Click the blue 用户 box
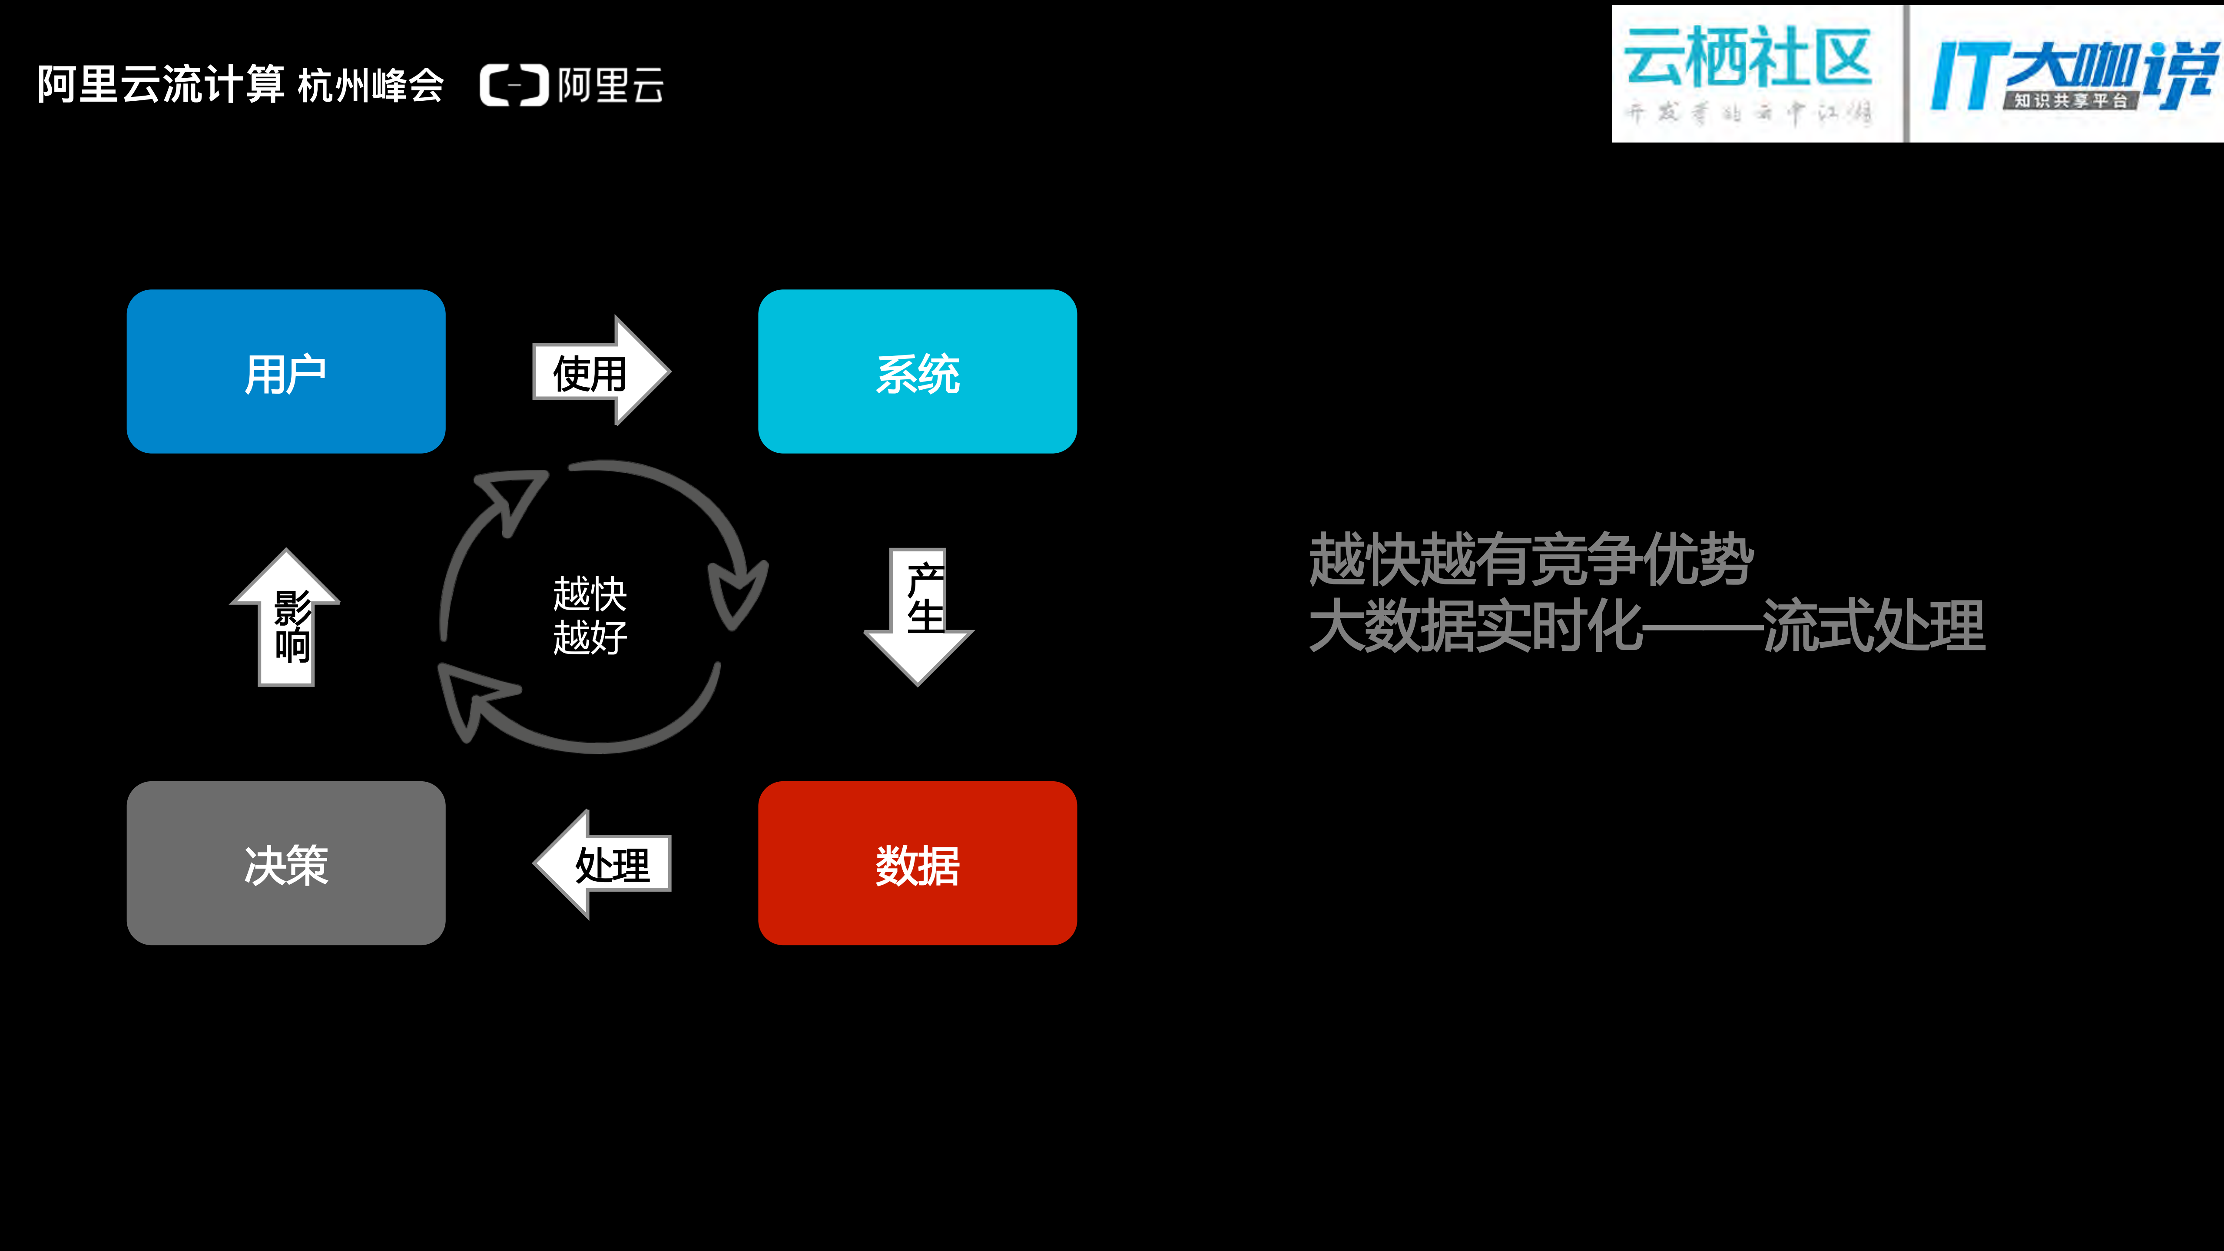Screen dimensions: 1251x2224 (x=286, y=371)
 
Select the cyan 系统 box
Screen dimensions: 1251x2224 (x=917, y=371)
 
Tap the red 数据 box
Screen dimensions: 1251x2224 (x=917, y=863)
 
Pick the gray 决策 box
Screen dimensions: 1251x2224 (x=286, y=863)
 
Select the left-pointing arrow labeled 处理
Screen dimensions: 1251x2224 (x=604, y=863)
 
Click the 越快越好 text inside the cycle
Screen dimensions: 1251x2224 (x=590, y=615)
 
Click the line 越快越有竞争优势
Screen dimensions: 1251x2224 (x=1530, y=560)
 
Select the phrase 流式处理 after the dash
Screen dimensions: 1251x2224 (x=1873, y=625)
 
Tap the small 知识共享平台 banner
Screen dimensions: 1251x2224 (x=2070, y=100)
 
